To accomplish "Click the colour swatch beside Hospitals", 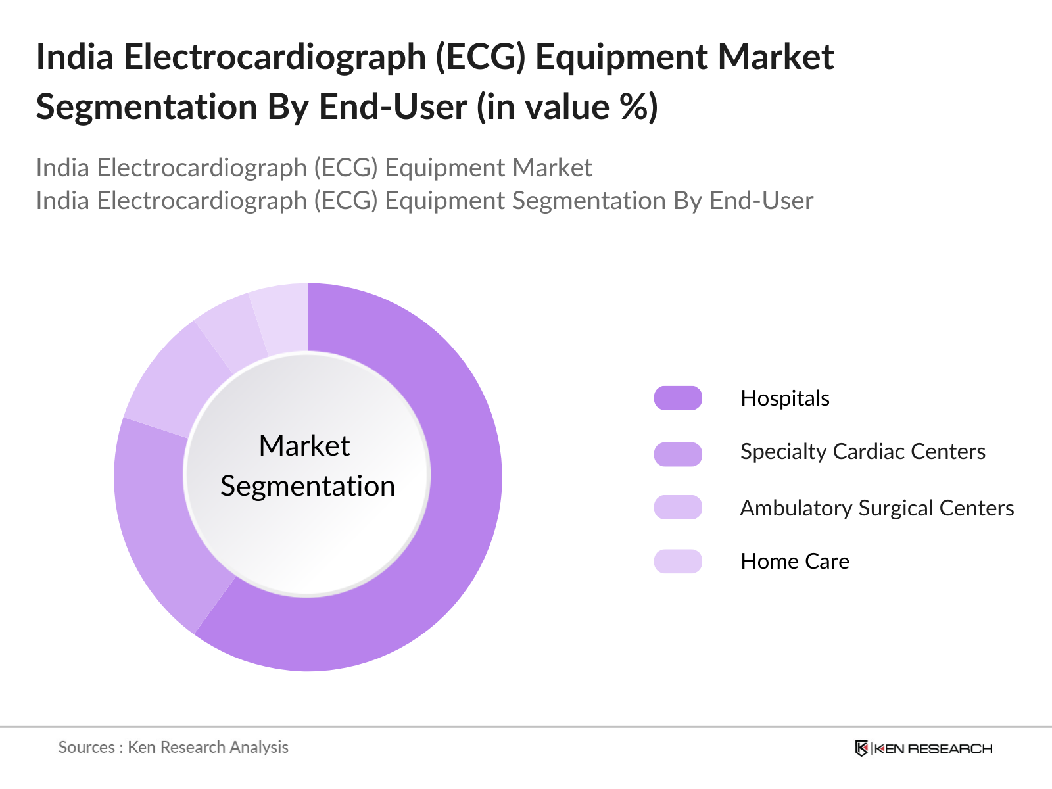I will (678, 398).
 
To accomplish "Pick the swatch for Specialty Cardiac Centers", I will (678, 454).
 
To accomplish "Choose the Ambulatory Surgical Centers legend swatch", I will (678, 508).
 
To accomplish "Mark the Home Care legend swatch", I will (678, 562).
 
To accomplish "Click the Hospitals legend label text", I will (784, 398).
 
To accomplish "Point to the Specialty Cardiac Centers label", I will (862, 452).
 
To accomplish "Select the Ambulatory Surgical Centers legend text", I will (876, 508).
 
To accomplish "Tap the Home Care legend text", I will (794, 562).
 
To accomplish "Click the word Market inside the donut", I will (304, 446).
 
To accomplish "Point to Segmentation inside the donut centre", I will (308, 487).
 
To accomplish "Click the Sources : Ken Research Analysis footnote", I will (173, 748).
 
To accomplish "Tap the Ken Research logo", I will (923, 748).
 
